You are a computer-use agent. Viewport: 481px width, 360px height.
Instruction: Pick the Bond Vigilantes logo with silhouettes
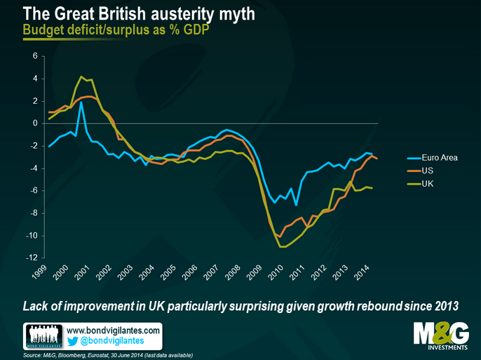coord(45,335)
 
